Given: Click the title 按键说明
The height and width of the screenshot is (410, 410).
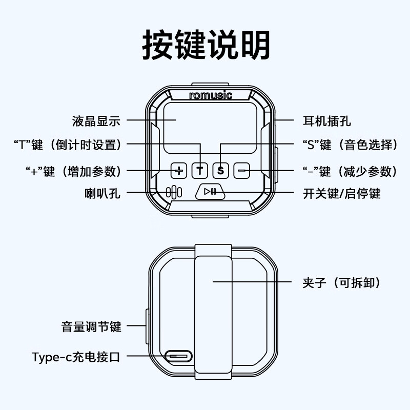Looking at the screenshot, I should point(205,45).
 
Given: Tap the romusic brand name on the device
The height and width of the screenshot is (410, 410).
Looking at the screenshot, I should point(210,95).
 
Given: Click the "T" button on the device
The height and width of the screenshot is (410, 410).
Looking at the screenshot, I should point(200,170).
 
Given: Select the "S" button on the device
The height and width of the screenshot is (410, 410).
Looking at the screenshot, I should point(220,170).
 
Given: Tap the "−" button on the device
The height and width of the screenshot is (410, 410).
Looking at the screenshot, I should point(241,170).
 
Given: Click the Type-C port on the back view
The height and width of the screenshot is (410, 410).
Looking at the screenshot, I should point(178,356).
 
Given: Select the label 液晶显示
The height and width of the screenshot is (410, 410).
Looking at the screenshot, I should point(96,121).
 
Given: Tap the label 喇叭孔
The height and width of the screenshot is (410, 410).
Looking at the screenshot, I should point(102,193).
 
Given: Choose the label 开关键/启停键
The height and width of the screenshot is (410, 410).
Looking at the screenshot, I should point(342,193).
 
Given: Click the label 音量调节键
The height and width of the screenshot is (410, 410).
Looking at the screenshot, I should point(91,326).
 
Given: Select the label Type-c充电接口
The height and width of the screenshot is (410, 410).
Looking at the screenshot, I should point(76,356).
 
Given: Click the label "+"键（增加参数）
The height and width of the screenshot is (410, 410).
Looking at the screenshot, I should point(73,171).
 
